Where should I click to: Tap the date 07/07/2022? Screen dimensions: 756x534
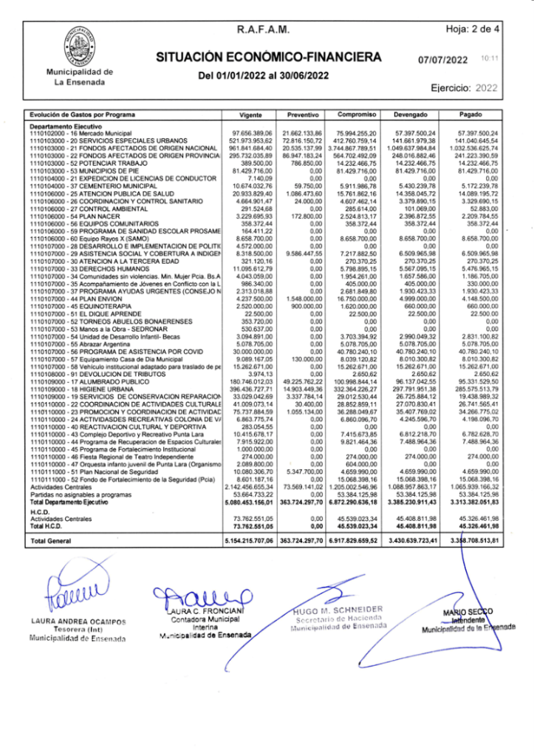click(443, 60)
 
